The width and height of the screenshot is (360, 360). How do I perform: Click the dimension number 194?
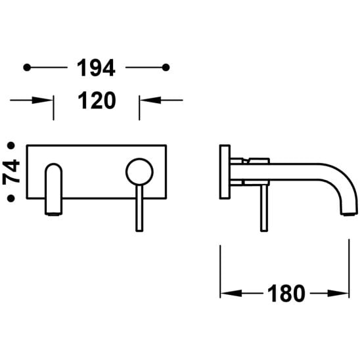[x=96, y=68]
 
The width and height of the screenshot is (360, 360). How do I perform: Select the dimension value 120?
[x=97, y=100]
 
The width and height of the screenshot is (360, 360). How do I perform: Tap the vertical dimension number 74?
[x=11, y=172]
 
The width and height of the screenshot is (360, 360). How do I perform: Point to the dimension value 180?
[x=286, y=294]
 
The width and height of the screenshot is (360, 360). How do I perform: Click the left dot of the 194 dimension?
[x=27, y=68]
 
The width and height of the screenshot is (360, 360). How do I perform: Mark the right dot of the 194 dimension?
[x=166, y=68]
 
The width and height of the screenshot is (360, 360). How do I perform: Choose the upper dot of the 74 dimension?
[x=11, y=146]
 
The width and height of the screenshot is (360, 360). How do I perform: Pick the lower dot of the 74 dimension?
[x=11, y=198]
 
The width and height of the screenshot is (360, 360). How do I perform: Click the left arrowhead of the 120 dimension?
[x=43, y=100]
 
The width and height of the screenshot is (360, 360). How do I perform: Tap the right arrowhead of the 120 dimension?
[x=150, y=100]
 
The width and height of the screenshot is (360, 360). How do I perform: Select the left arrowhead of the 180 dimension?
[x=231, y=293]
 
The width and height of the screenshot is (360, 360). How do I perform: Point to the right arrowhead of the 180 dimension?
[x=338, y=293]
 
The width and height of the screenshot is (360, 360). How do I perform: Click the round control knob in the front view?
[x=139, y=171]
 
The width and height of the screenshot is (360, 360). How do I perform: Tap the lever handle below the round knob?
[x=139, y=208]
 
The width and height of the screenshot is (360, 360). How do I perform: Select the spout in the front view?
[x=53, y=189]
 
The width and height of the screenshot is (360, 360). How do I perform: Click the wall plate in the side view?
[x=225, y=171]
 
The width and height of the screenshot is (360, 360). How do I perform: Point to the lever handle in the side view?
[x=264, y=208]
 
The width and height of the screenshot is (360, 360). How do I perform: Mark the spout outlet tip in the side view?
[x=349, y=214]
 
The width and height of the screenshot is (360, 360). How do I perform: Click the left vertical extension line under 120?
[x=53, y=108]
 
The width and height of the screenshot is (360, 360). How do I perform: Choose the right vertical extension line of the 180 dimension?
[x=349, y=269]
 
